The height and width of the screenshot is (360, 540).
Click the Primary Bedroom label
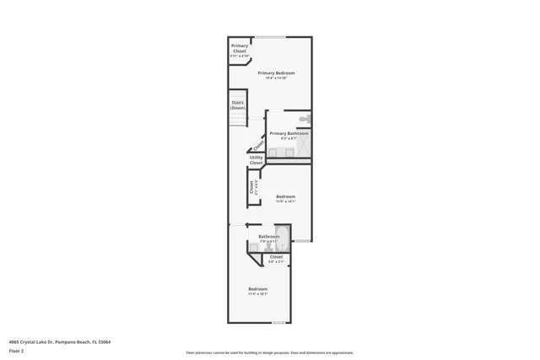click(x=276, y=73)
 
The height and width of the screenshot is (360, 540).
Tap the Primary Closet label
click(x=240, y=48)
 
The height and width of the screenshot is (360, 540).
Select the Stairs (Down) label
click(x=238, y=105)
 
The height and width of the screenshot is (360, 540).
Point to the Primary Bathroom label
click(x=289, y=133)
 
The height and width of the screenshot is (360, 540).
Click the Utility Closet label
click(x=256, y=159)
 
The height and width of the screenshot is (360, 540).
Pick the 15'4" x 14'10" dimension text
click(x=276, y=78)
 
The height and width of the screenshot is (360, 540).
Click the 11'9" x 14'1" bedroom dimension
click(x=285, y=202)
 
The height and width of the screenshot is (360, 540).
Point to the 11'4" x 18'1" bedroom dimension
click(x=257, y=294)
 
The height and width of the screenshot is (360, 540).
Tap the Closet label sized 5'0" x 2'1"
click(x=276, y=257)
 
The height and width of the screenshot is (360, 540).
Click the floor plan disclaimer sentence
click(x=270, y=353)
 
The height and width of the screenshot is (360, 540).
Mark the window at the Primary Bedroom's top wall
click(x=270, y=36)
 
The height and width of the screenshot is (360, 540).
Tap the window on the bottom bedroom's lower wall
click(x=278, y=323)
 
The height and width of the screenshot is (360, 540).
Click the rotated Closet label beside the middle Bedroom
click(x=251, y=187)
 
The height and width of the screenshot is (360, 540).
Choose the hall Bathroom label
click(x=268, y=236)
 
